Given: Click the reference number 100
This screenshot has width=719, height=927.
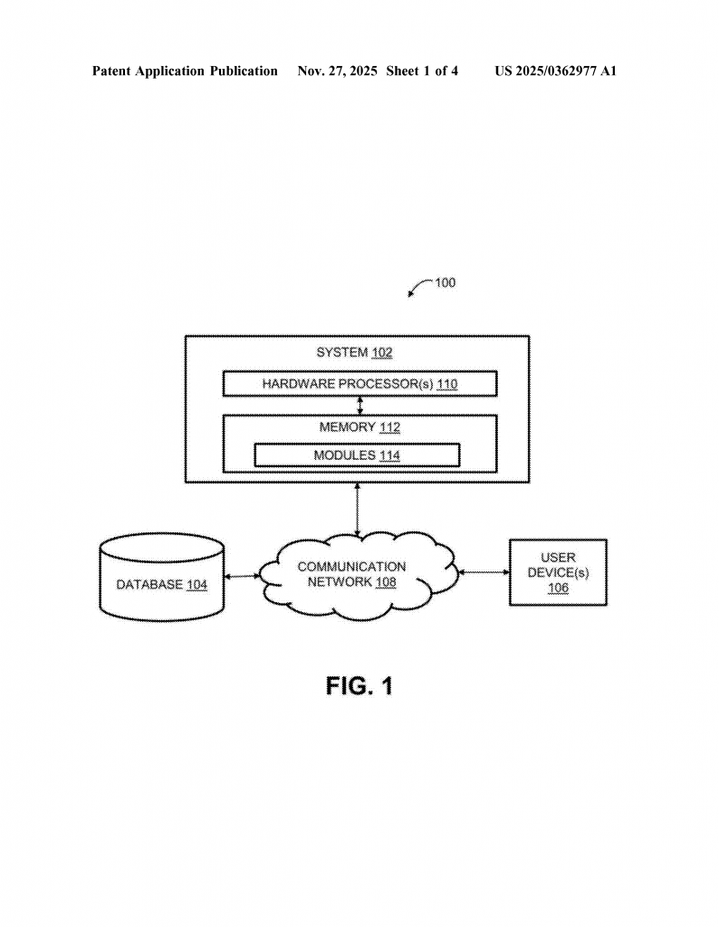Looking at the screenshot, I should coord(445,282).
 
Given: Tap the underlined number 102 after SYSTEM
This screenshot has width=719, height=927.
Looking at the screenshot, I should coord(382,353).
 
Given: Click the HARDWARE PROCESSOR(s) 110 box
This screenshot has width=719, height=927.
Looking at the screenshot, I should coord(359,384).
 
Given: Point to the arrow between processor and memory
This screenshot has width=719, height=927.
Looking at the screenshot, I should coord(359,405).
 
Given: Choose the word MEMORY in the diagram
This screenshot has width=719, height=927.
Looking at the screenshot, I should coord(347,427).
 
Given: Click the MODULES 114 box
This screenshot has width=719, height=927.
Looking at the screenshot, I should coord(357,455).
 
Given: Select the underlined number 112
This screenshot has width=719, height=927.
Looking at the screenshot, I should coord(389,427).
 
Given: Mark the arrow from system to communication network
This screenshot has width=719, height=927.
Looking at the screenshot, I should coord(359,509).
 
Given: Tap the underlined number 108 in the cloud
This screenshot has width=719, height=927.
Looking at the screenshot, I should coord(386,582).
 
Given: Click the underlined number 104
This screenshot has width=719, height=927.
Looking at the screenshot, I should coord(197,585).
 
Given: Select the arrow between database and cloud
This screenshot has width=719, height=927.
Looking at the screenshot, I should coord(241,576).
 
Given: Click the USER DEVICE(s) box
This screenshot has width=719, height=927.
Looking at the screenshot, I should coord(558,572).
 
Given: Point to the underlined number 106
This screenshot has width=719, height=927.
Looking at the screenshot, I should coord(558,588).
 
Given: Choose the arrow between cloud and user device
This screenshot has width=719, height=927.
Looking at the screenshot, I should coord(484,572).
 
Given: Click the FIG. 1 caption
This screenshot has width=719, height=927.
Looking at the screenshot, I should coord(359,686).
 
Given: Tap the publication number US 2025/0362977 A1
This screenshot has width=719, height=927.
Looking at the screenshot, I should coord(555,71).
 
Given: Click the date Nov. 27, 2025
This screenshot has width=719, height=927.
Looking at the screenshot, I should coord(337,71).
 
